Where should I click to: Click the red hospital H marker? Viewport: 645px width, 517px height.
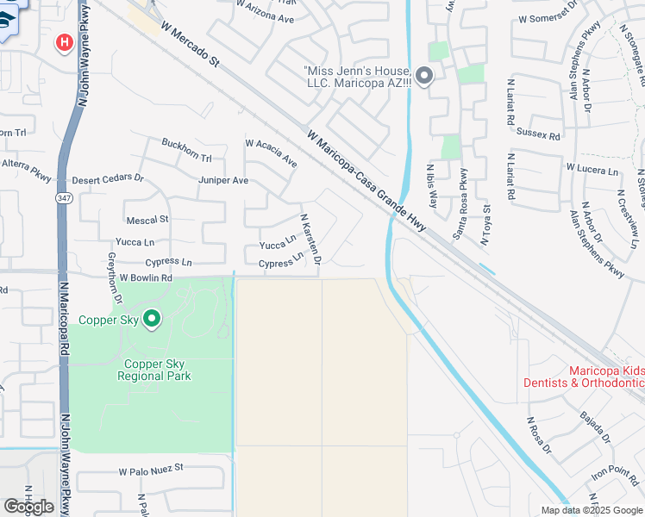coord(64,42)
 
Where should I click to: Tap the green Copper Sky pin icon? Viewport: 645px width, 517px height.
coord(152,320)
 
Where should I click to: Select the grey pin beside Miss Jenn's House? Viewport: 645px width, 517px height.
coord(423,77)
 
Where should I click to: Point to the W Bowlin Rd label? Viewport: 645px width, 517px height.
coord(146,278)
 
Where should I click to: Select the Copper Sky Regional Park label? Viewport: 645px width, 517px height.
coord(156,370)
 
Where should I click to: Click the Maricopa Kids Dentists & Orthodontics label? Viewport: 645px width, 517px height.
coord(584,377)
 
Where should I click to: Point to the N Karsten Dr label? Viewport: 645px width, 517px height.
coord(310,240)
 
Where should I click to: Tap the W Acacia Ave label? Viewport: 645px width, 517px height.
coord(271,153)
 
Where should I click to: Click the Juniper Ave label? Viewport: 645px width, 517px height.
coord(222,180)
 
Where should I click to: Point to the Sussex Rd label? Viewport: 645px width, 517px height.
coord(538,134)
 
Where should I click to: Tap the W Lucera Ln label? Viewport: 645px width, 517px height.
coord(592,170)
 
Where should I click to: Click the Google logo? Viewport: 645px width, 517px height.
coord(28,506)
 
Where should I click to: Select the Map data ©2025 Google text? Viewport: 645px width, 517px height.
coord(592,509)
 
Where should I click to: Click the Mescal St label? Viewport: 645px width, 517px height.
coord(147,220)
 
